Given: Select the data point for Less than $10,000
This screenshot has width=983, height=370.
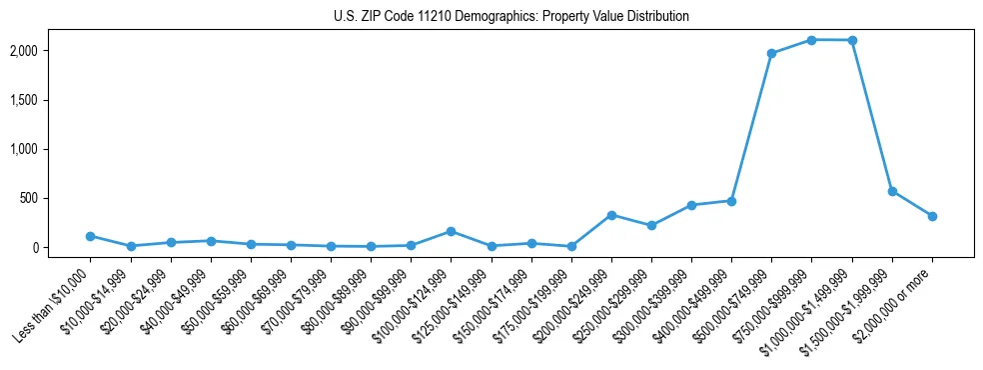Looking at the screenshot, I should [x=91, y=236].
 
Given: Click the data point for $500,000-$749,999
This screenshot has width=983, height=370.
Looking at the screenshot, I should [x=771, y=53].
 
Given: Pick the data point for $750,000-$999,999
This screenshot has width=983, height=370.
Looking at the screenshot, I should [x=811, y=40].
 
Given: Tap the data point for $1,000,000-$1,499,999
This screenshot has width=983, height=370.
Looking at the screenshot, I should [x=851, y=40].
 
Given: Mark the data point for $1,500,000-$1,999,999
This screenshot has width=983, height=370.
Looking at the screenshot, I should [x=892, y=191].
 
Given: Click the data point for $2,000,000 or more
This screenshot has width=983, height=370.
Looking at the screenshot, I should [x=932, y=216].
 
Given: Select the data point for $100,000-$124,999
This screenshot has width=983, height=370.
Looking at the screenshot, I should [x=451, y=231].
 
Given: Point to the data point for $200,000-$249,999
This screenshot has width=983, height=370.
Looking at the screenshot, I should [x=611, y=215].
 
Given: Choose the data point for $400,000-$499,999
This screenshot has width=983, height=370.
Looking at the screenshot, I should [x=731, y=201].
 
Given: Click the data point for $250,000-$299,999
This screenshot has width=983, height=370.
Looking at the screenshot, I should [x=651, y=225].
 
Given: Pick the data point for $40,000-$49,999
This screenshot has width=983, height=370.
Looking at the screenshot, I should [x=211, y=241].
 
